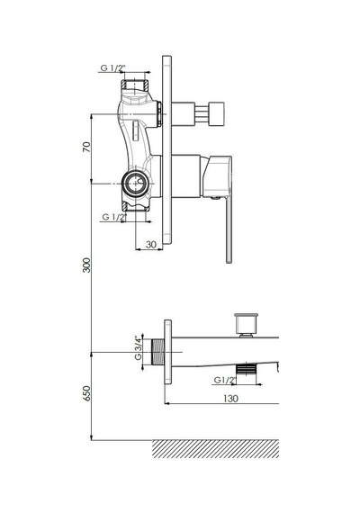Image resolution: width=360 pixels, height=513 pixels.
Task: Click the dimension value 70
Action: click(86, 147)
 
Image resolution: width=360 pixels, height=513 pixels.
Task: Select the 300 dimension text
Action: click(86, 265)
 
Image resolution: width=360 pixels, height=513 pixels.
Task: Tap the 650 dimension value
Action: click(86, 393)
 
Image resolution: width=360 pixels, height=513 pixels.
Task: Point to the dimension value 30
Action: click(151, 245)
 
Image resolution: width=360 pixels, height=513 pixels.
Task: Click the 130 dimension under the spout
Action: click(230, 399)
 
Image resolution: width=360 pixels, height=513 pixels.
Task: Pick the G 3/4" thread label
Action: click(139, 349)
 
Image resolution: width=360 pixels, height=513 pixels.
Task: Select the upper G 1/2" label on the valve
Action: click(112, 68)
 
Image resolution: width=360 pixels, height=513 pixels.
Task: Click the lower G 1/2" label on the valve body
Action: click(114, 217)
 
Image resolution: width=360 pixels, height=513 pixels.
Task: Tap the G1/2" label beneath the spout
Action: click(225, 380)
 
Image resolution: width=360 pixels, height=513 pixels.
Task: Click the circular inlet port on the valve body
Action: click(135, 184)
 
